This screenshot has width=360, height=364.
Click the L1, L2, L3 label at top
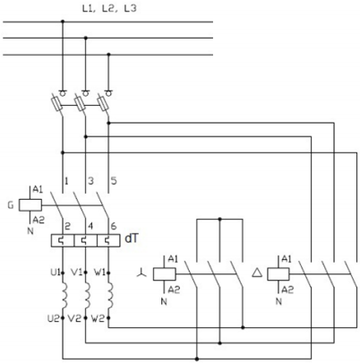click(109, 9)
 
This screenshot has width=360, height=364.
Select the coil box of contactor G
click(30, 205)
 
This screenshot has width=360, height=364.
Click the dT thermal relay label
click(132, 238)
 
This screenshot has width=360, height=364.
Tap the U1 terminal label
click(56, 273)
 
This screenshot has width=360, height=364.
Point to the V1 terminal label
click(77, 273)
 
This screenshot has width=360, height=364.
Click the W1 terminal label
click(99, 273)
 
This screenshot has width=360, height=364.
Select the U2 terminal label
click(54, 318)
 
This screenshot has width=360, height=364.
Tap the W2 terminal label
click(98, 318)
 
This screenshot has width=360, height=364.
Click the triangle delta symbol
click(257, 273)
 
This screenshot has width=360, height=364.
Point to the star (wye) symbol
click(141, 273)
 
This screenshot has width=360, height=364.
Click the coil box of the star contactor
click(164, 274)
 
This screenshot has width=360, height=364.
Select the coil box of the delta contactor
click(279, 274)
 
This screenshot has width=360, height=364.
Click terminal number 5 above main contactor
click(114, 181)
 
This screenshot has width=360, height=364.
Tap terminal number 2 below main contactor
click(67, 226)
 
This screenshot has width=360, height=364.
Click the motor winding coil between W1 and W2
click(110, 296)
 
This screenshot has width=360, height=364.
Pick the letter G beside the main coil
click(11, 205)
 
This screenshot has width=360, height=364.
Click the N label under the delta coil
click(279, 301)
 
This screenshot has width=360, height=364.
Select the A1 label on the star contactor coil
click(173, 258)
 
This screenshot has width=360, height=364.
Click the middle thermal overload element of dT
click(86, 241)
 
